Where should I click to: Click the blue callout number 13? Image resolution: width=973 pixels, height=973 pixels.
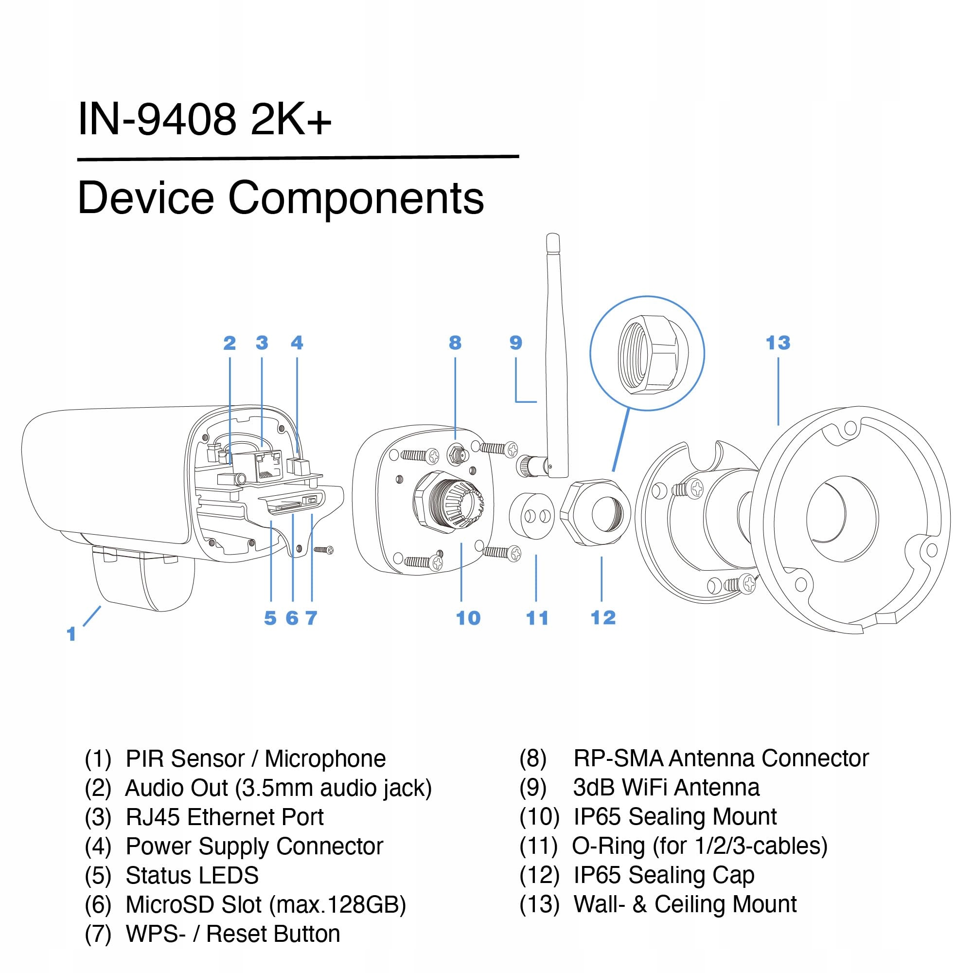click(778, 343)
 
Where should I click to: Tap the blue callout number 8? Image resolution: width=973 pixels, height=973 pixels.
click(455, 343)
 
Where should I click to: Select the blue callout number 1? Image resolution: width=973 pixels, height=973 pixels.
click(71, 634)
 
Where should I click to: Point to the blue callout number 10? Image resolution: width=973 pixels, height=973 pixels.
click(468, 618)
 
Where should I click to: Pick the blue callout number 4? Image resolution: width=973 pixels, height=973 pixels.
click(297, 343)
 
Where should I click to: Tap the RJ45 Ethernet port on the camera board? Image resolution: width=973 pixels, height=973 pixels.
click(267, 465)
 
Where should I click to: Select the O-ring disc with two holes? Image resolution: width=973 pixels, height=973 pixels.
click(532, 516)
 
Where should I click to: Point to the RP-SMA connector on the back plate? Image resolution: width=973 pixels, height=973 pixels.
click(457, 455)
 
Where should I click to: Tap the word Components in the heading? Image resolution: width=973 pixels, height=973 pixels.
click(355, 198)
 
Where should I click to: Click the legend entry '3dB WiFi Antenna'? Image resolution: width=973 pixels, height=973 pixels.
click(666, 788)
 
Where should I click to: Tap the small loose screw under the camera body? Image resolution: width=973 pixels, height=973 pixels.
click(323, 549)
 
